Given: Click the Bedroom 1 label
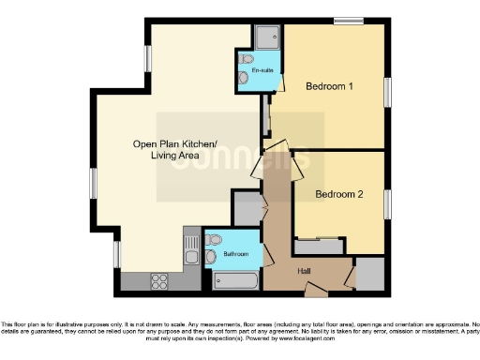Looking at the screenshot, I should (329, 87).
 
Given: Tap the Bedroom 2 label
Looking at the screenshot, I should (337, 195).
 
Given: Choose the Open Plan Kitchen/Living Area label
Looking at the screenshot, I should (174, 149).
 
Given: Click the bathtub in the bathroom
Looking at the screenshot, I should (235, 278).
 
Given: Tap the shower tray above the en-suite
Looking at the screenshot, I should (264, 37).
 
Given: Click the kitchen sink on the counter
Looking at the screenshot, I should (192, 250).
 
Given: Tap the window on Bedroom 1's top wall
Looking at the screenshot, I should (348, 21).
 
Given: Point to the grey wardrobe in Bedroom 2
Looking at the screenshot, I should (319, 247).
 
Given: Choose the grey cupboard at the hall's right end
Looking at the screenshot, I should (370, 273).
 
